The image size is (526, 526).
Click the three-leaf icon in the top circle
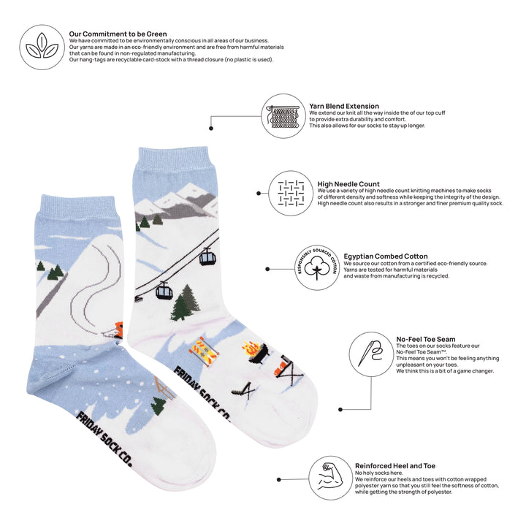coord(42,46)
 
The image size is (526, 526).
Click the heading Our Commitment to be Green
coord(118,34)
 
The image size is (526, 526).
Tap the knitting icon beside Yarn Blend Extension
coord(283,116)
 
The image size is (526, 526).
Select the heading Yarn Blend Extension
coord(344,106)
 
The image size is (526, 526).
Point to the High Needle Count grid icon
coord(291,193)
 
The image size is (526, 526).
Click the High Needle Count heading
coord(348,184)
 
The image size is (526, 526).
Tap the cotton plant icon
coord(316,267)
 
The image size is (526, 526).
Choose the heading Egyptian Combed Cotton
coord(386,256)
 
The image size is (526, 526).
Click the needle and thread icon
coord(370,353)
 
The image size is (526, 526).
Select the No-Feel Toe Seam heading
coord(425,339)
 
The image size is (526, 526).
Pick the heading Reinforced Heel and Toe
coord(394,466)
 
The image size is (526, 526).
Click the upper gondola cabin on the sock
coord(207,258)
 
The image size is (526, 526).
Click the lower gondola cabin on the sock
coord(164,291)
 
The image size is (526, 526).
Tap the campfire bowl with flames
coord(254,351)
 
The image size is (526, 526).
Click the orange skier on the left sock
coord(118,329)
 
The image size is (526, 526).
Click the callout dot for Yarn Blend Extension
coord(210,128)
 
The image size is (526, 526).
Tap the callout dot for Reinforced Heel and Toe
coord(278,480)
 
